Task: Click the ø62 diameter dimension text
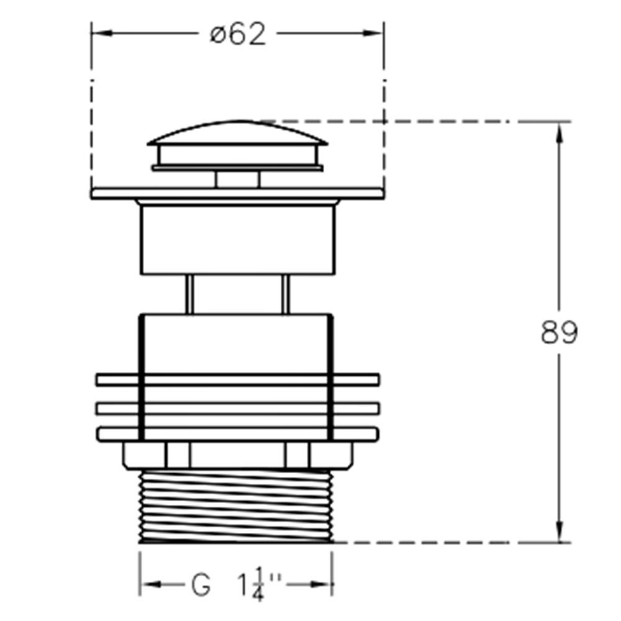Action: click(x=238, y=35)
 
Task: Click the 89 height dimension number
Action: click(x=559, y=333)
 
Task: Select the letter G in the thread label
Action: click(x=201, y=585)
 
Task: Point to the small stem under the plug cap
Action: click(x=237, y=179)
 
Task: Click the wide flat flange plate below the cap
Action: click(x=237, y=194)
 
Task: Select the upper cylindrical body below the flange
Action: click(x=237, y=239)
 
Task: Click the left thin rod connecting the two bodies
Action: click(x=189, y=293)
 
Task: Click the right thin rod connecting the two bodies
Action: click(x=285, y=293)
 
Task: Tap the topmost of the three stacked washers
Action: click(x=237, y=379)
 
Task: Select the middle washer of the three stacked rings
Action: click(x=237, y=408)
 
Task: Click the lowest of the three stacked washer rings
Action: click(x=237, y=433)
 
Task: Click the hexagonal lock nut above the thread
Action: click(x=237, y=455)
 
